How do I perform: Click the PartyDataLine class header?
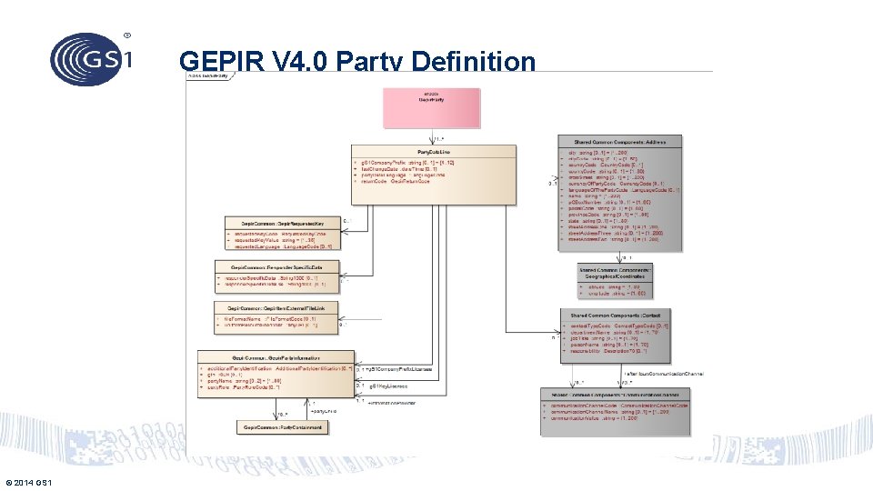pyautogui.click(x=434, y=151)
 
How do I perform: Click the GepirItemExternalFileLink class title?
pyautogui.click(x=276, y=308)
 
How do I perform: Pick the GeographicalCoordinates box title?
pyautogui.click(x=615, y=274)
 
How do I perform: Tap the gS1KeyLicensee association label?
pyautogui.click(x=386, y=386)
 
